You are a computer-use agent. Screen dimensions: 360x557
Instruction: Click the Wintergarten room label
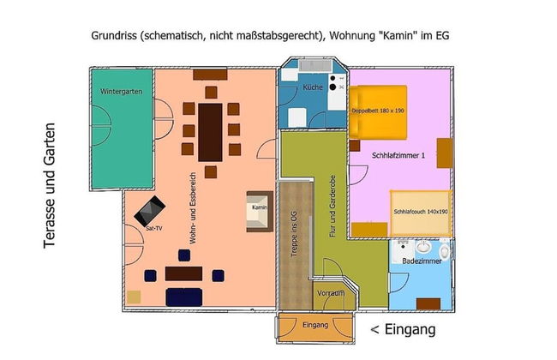[x=120, y=91]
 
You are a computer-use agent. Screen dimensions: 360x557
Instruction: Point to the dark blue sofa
[x=183, y=297]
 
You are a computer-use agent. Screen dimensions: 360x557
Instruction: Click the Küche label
[x=312, y=89]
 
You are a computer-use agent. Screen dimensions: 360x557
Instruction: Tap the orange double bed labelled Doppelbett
[x=377, y=111]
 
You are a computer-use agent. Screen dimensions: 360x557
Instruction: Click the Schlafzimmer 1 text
[x=398, y=155]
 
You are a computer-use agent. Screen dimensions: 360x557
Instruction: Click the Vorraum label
[x=330, y=293]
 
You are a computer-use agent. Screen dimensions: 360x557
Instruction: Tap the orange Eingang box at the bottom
[x=315, y=325]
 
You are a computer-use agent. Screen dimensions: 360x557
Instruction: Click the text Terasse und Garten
[x=51, y=184]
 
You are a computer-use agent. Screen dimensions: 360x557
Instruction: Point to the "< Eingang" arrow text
[x=403, y=329]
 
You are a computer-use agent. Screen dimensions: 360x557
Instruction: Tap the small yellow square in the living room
[x=134, y=297]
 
